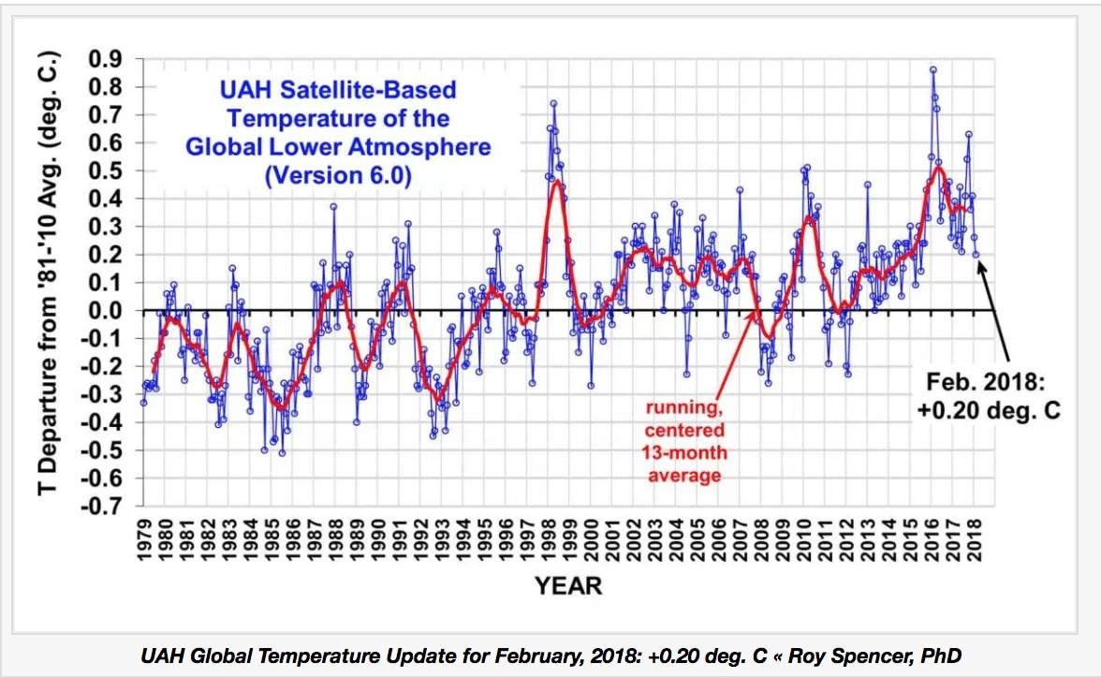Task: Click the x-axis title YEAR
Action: click(x=568, y=587)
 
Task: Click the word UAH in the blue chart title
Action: click(x=246, y=91)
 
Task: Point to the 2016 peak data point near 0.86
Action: click(x=932, y=69)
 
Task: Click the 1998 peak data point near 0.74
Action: click(x=553, y=103)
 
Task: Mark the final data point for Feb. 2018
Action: click(x=976, y=254)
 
